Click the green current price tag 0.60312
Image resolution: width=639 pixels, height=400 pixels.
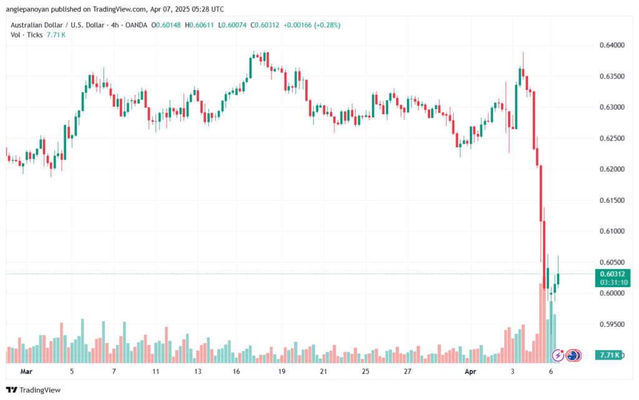[x=613, y=273]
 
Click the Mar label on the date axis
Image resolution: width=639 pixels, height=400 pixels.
[x=26, y=371]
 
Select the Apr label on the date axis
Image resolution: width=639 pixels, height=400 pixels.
[x=471, y=371]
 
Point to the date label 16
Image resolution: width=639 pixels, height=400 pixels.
[x=237, y=371]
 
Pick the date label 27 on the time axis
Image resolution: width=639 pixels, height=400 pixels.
[x=407, y=371]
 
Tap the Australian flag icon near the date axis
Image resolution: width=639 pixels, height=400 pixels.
[x=573, y=356]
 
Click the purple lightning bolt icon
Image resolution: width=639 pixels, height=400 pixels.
[x=559, y=356]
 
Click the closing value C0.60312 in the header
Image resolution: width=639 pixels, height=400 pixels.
[x=261, y=25]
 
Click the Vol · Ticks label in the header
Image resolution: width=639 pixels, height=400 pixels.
[x=27, y=35]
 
